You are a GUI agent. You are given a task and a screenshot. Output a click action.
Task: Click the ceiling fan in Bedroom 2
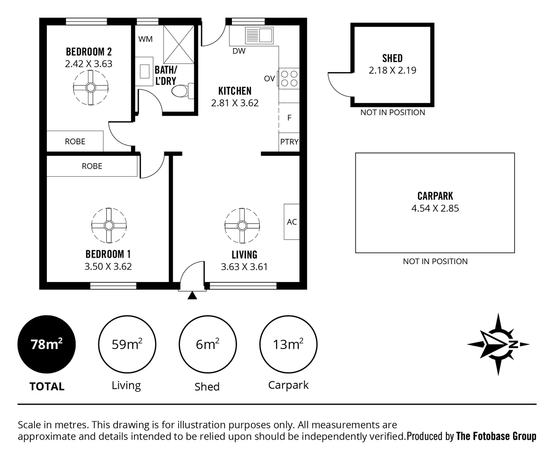click(90, 88)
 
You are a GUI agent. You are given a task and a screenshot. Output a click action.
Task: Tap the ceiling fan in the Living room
click(242, 225)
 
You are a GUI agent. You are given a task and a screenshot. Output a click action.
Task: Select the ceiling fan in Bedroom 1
click(109, 225)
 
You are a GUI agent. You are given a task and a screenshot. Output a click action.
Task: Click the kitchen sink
click(259, 35)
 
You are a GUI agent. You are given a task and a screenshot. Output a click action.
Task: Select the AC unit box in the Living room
click(291, 221)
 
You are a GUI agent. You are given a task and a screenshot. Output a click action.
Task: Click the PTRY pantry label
click(289, 142)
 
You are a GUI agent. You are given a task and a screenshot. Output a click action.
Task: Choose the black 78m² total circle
click(46, 344)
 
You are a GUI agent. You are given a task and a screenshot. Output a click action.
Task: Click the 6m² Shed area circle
click(208, 344)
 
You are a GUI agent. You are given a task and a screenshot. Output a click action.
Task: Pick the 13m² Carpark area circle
click(288, 344)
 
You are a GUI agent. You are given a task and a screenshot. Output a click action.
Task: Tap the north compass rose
click(498, 344)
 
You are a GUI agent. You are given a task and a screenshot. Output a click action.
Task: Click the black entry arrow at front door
click(192, 296)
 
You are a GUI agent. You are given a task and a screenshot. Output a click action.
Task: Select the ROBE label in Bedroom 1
click(92, 166)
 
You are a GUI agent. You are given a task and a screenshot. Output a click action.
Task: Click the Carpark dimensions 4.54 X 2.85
click(435, 208)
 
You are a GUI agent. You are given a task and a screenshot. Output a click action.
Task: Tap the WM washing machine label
click(146, 39)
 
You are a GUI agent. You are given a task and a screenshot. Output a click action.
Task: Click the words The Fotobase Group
click(496, 436)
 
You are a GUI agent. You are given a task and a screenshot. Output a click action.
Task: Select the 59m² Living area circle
click(127, 344)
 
